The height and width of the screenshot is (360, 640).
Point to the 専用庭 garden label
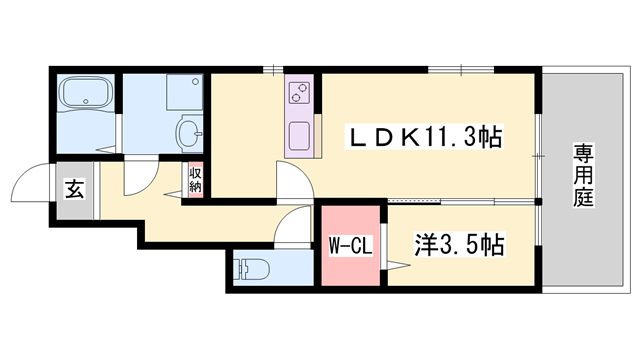coord(583,175)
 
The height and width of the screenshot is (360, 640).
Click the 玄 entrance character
coord(76,187)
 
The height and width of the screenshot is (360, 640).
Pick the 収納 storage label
coord(195,180)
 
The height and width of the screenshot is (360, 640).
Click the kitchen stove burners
coord(299,95)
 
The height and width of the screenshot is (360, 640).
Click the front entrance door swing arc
coord(28,184)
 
